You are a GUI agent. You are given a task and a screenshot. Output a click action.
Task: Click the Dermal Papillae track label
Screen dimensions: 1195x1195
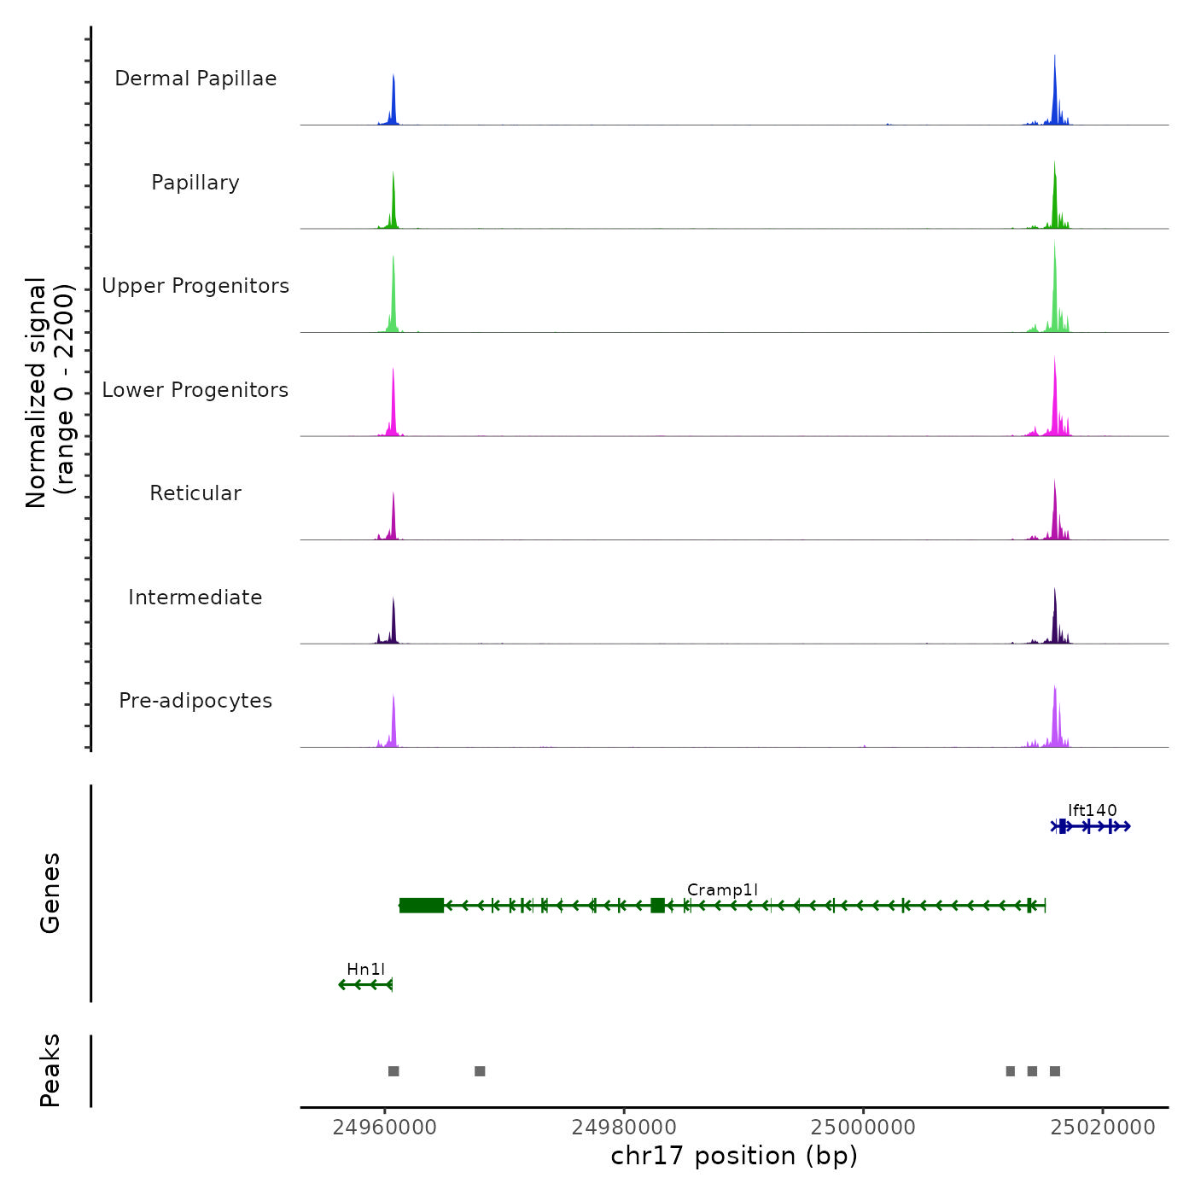click(195, 79)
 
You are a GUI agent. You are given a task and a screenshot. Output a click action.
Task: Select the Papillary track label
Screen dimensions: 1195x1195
click(195, 183)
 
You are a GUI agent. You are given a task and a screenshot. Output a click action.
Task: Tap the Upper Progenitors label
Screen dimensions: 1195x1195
click(195, 286)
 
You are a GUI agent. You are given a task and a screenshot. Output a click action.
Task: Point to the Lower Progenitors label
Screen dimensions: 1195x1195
click(195, 390)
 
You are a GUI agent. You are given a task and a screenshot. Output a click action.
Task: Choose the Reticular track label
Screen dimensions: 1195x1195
click(195, 493)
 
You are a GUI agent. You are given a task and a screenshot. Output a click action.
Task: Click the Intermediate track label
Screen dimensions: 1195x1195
click(195, 597)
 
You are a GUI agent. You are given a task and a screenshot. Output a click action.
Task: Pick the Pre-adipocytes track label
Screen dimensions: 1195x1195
click(195, 701)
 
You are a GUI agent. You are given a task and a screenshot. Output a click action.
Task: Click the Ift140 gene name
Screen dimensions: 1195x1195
click(1092, 810)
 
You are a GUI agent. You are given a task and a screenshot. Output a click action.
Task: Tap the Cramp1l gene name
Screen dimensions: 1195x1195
click(722, 889)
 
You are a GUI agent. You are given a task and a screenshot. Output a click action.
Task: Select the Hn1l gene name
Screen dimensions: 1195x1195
click(365, 969)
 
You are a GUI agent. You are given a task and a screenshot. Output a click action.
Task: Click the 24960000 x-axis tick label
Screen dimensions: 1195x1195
click(385, 1127)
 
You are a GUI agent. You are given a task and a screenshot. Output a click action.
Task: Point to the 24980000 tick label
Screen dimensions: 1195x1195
click(624, 1127)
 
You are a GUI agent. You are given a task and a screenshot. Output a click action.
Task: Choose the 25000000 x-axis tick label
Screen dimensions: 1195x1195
click(863, 1127)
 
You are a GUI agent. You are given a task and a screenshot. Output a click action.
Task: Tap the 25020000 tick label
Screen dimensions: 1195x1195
click(1103, 1127)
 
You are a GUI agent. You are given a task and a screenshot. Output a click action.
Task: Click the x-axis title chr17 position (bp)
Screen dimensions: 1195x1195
click(734, 1156)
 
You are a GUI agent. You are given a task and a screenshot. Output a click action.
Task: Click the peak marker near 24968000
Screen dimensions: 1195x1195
click(480, 1071)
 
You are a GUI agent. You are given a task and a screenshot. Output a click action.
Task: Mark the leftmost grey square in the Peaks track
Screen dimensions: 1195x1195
click(393, 1071)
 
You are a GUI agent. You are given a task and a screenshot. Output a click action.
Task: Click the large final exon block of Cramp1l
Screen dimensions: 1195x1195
click(422, 906)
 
